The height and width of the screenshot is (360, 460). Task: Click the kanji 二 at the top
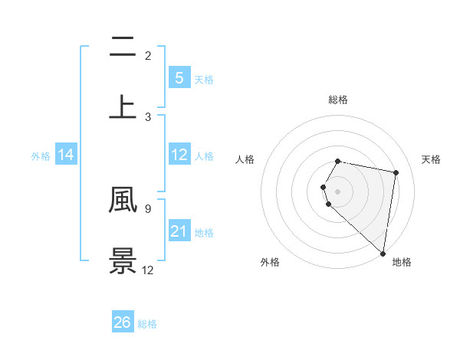coord(123,47)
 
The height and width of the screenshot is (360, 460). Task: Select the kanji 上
coord(123,106)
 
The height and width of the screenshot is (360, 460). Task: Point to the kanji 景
coord(123,260)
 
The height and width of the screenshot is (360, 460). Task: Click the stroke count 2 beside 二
coord(148,55)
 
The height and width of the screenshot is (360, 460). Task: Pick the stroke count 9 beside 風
coord(148,208)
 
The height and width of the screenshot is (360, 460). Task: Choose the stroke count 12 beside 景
coord(148,270)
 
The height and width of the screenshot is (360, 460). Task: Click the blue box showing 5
coord(179,78)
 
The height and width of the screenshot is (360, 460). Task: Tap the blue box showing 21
coord(179,231)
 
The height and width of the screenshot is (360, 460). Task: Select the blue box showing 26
coord(123,322)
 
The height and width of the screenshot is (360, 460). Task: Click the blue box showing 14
coord(66,155)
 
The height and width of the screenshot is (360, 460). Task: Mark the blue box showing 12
coord(179,155)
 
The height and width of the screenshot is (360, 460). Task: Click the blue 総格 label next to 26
coord(147,324)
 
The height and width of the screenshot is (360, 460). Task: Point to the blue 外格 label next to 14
coord(41,156)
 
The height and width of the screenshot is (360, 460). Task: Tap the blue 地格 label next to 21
coord(204,232)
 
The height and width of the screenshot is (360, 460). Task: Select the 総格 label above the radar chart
coord(338,100)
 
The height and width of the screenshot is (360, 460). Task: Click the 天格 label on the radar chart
coord(432,159)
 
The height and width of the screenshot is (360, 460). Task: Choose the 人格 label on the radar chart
coord(245,159)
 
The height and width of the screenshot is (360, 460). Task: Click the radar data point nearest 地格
coord(383,254)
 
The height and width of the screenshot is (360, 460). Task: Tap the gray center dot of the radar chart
coord(338,191)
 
